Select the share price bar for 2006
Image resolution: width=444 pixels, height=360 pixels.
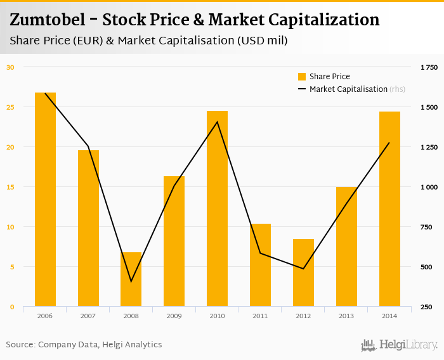coord(45,200)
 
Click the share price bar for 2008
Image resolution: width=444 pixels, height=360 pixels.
coord(131,280)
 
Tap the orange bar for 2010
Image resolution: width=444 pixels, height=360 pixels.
coord(217,209)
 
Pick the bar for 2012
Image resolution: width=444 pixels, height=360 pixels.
coord(303,273)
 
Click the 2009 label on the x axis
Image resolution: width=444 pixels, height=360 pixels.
coord(174,315)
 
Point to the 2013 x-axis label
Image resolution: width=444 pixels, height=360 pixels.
coord(346,315)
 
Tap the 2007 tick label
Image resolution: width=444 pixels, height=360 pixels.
coord(88,315)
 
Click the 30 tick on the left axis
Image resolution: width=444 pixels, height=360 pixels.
coord(10,67)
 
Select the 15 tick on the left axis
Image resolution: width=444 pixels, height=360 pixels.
coord(10,187)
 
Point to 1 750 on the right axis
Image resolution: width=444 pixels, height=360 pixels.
coord(429,67)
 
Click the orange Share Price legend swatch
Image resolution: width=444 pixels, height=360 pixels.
coord(302,77)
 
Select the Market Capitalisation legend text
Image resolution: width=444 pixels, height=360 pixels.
coord(348,89)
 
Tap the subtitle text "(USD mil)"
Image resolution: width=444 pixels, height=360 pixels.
coord(262,41)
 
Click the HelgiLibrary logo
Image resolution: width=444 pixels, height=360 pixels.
coord(400,345)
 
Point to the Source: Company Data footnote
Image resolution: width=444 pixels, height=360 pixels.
coord(84,344)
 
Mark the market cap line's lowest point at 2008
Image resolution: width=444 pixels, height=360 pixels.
coord(131,281)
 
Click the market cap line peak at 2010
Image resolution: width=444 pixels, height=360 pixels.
coord(217,122)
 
